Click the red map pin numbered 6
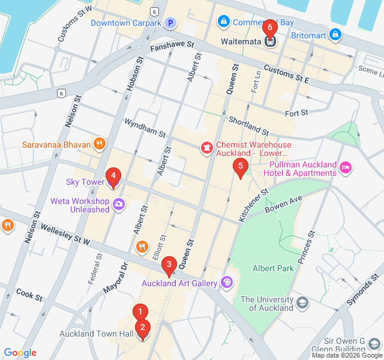pos(270,28)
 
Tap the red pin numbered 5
pos(240,167)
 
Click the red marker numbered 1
pos(140,312)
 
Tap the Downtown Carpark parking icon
pos(170,23)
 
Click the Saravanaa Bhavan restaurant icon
pos(100,144)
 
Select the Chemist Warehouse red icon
pos(206,146)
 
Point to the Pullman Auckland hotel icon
pos(346,167)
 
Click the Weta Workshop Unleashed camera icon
pos(119,204)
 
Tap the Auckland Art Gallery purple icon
pos(227,281)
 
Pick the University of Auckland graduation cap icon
pos(303,302)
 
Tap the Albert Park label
pos(273,268)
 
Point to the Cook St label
pos(29,295)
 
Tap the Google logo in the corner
pos(20,353)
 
